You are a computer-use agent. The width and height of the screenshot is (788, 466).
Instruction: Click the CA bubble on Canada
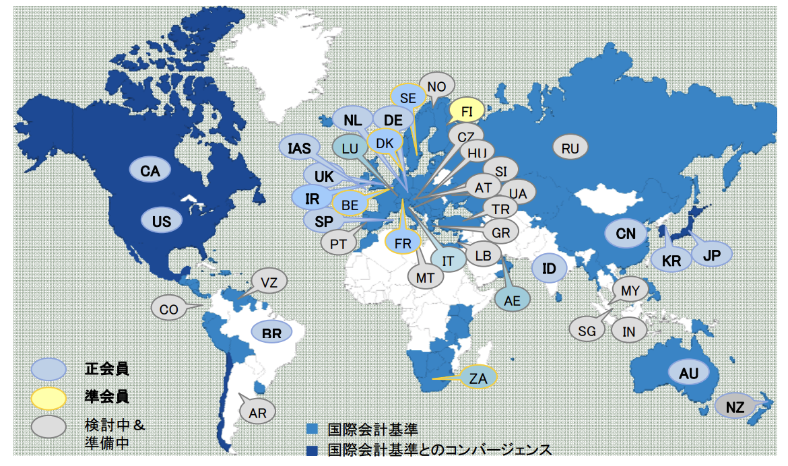(150, 171)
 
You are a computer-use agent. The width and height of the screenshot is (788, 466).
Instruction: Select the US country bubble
(162, 220)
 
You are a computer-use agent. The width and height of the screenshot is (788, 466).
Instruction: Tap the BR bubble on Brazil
(272, 332)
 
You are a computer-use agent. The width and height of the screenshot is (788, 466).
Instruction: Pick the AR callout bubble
(258, 413)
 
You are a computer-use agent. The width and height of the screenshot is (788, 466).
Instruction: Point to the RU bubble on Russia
(570, 147)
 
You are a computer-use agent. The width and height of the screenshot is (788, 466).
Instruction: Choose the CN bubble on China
(626, 234)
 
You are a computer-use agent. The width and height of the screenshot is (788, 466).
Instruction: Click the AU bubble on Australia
(689, 372)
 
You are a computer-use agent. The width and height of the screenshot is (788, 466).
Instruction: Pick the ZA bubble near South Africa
(478, 378)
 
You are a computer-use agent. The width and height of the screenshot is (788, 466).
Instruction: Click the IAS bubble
(298, 148)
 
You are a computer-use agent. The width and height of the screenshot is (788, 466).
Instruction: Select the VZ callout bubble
(269, 281)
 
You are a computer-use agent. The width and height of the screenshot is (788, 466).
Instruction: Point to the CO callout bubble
(169, 309)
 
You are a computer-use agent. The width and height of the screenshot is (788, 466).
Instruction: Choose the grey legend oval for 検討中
(48, 426)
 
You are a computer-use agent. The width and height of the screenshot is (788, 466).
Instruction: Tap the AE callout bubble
(513, 300)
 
